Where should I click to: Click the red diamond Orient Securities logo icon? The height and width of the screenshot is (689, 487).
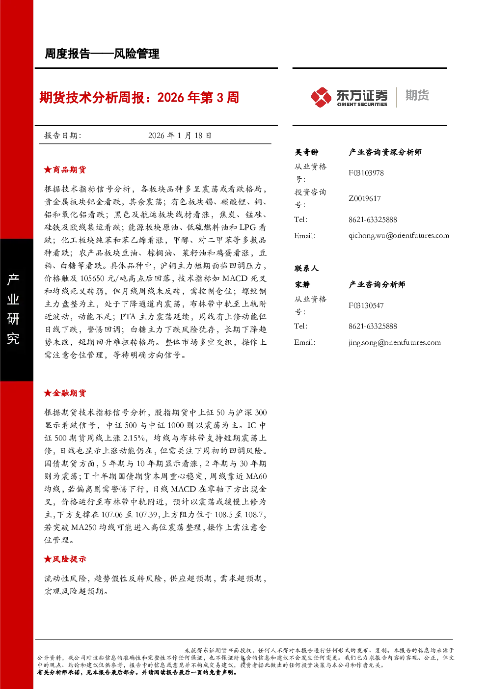coord(321,97)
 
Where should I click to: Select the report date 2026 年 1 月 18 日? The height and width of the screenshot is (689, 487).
coord(180,136)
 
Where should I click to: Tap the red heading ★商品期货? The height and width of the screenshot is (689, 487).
coord(65,169)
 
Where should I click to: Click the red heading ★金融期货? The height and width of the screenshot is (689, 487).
coord(65,393)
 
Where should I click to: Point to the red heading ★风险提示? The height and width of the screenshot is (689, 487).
coord(65,559)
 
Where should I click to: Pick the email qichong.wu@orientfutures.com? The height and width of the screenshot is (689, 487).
coord(399,236)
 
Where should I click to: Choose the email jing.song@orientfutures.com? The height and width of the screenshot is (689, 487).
coord(394,343)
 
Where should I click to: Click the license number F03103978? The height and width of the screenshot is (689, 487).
coord(366,173)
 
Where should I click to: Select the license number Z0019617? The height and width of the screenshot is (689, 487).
coord(365,198)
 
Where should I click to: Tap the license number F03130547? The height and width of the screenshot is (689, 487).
coord(366,305)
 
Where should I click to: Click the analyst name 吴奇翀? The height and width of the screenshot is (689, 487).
coord(306,152)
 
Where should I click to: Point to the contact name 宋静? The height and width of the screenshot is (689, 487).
coord(302,284)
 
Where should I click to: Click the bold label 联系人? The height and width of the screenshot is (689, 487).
coord(306,268)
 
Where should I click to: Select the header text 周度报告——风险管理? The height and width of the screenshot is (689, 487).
coord(102,54)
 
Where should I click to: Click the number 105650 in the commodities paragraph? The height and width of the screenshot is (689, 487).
coord(92,278)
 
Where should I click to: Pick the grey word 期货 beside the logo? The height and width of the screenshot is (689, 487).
coord(417,95)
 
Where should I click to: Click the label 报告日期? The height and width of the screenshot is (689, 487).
coord(63,136)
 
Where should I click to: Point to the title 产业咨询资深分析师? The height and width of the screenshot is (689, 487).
coord(385,152)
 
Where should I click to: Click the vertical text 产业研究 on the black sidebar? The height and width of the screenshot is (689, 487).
coord(13,308)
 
